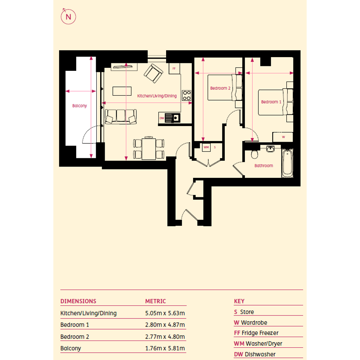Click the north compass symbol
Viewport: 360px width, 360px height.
68,16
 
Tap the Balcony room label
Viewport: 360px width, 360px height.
80,106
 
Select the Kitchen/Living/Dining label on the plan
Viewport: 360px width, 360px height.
157,96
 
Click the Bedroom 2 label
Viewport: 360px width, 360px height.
220,88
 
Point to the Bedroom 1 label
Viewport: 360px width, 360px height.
271,102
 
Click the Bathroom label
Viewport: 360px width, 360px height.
264,166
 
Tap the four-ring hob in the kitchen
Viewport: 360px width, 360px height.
187,95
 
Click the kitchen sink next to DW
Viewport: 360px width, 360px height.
173,118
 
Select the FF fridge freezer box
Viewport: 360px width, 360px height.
174,69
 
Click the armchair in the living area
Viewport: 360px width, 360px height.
154,74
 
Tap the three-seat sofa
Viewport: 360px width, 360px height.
121,117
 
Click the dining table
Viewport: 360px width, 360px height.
149,148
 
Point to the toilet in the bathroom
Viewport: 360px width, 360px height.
254,154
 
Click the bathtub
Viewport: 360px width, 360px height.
288,163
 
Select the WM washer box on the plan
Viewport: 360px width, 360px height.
206,147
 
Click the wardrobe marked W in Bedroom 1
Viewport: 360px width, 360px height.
283,137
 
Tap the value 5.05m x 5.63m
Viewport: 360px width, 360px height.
165,313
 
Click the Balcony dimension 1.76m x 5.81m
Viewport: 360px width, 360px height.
165,348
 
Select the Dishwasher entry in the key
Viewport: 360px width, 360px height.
254,354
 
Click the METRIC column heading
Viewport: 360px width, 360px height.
155,301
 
